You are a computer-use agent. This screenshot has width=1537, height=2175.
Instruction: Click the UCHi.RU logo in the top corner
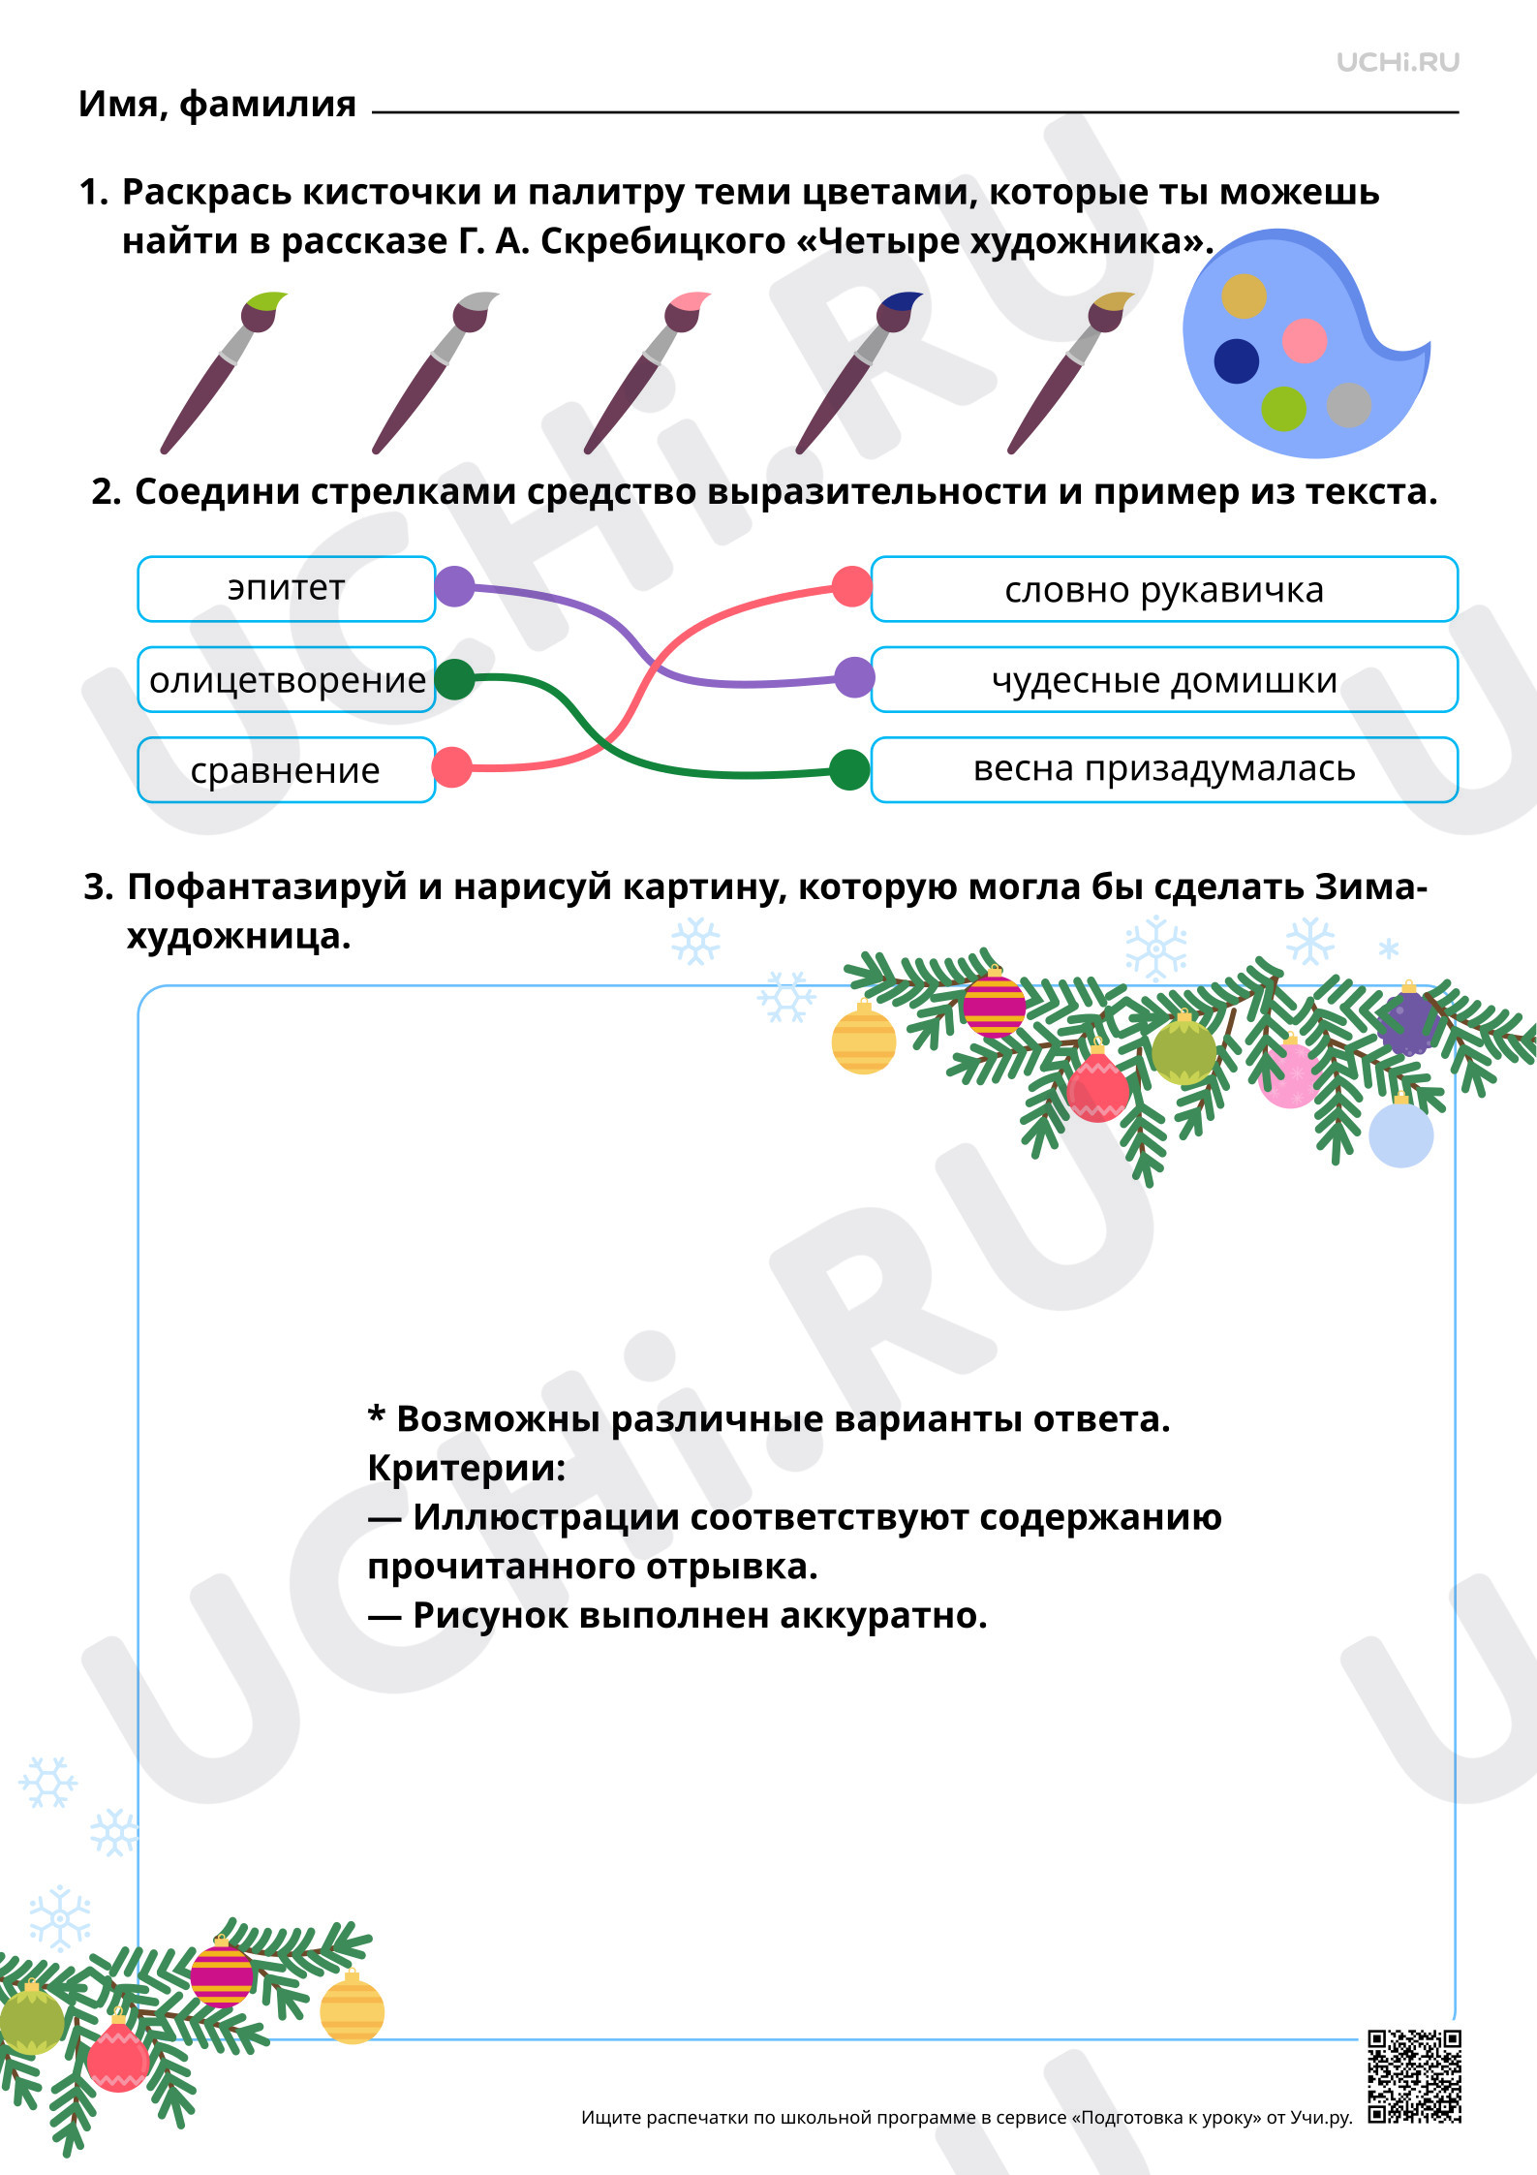[x=1398, y=63]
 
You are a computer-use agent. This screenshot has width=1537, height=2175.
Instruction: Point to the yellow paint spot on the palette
[x=1244, y=296]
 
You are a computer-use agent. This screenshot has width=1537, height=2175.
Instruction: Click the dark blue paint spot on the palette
[x=1237, y=361]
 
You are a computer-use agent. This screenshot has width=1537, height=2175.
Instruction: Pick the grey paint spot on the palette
[x=1349, y=405]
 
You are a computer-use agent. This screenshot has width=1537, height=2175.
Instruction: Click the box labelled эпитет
[x=287, y=589]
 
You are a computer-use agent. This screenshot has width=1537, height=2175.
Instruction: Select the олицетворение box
[x=287, y=679]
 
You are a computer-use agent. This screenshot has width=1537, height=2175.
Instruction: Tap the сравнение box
[x=287, y=770]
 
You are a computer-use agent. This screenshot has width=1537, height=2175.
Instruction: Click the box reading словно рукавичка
[x=1164, y=589]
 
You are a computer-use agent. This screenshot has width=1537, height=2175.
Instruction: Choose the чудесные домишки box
[x=1164, y=679]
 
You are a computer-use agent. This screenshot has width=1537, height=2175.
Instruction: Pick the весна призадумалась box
[x=1164, y=770]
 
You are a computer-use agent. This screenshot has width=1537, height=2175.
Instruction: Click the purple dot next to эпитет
[x=454, y=587]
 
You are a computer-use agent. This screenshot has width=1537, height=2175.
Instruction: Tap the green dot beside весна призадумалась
[x=849, y=770]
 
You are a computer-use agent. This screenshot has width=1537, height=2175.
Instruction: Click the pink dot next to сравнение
[x=451, y=767]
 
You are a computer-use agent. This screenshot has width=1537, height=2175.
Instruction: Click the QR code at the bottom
[x=1414, y=2076]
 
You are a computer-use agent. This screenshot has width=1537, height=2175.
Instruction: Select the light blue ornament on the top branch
[x=1400, y=1133]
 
